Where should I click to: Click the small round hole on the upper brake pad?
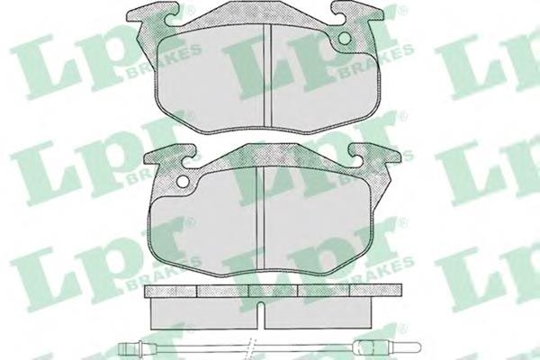[344, 39]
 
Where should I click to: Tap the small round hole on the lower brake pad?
[183, 182]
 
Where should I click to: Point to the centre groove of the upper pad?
[267, 75]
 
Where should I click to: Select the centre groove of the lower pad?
[260, 218]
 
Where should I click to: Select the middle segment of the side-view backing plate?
[273, 291]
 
